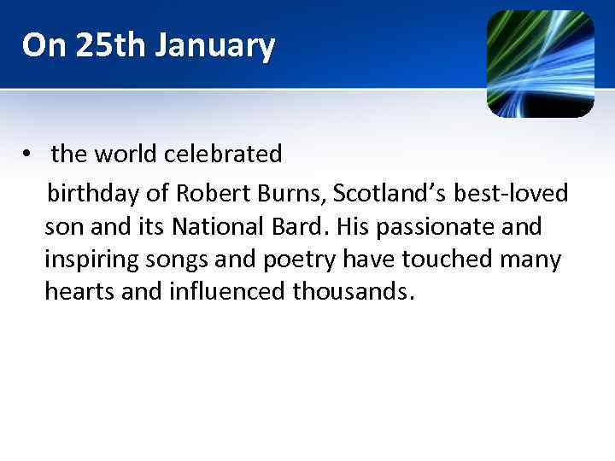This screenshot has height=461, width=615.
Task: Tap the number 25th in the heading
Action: point(99,45)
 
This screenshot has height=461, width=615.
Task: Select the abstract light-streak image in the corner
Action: point(540,63)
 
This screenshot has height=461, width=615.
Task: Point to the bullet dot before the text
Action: point(28,155)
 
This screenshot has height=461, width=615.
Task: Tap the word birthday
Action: point(95,194)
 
